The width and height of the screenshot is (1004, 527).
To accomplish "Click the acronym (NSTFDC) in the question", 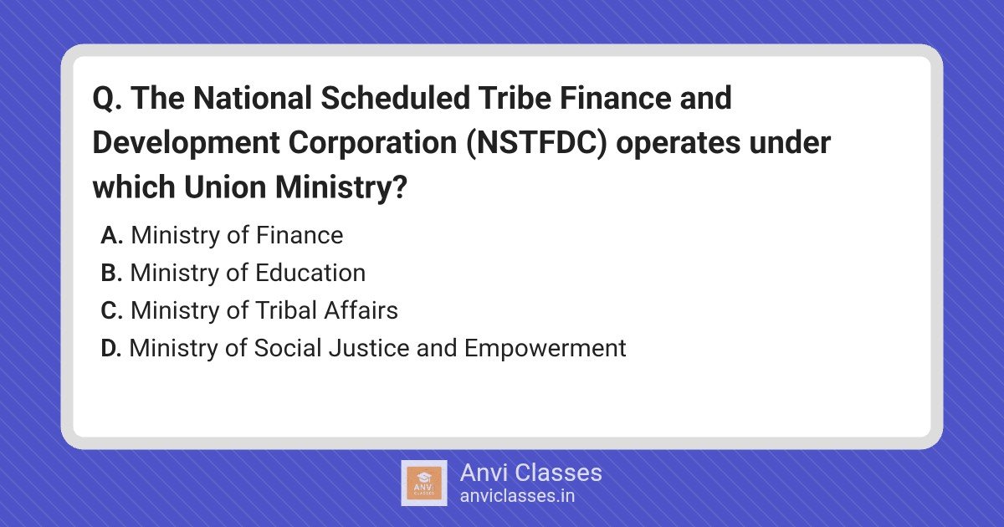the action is click(x=536, y=142).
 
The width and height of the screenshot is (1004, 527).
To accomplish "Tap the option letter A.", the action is click(x=112, y=235).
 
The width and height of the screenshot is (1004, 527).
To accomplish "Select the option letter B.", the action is click(x=111, y=273).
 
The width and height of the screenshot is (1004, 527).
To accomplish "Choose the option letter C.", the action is click(x=112, y=310).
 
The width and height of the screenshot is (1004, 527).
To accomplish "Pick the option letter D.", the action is click(x=111, y=348).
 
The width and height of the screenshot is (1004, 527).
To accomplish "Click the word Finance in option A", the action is click(x=300, y=235).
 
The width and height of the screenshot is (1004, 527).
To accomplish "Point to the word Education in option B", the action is click(x=310, y=273).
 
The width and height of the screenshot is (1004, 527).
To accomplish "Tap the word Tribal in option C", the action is click(x=286, y=310).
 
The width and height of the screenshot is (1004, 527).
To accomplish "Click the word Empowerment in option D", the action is click(x=545, y=349).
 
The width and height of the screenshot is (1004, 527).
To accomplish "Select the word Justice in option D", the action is click(x=369, y=348).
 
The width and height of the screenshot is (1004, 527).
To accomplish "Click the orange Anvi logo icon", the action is click(x=424, y=484).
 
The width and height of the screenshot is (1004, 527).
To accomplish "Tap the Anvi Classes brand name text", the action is click(x=531, y=473).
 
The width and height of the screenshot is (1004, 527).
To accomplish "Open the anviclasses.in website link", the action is click(x=518, y=496).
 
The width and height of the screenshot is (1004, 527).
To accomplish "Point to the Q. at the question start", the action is click(x=107, y=99).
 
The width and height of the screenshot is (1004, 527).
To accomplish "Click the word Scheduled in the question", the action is click(x=395, y=98).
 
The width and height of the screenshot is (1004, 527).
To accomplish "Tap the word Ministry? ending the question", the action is click(x=341, y=187).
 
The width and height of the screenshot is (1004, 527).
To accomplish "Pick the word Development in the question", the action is click(x=186, y=142).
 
